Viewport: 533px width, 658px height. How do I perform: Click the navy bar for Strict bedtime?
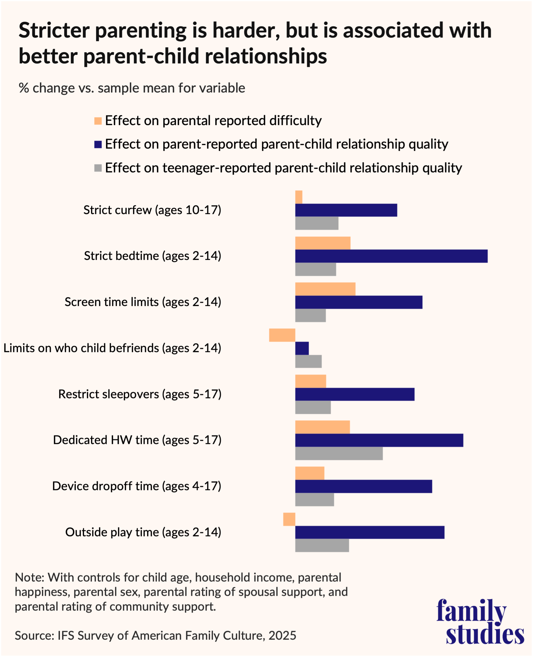391,256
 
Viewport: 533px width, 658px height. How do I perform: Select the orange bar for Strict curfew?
299,197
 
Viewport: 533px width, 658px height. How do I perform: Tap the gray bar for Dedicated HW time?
339,453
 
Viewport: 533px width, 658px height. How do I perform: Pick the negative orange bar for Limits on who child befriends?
282,335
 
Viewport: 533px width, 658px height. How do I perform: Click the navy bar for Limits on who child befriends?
302,348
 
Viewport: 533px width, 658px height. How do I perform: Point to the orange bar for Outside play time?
289,519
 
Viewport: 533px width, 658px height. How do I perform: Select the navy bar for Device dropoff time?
364,487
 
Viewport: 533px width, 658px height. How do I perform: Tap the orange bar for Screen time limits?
325,289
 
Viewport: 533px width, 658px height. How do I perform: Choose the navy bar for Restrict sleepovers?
355,394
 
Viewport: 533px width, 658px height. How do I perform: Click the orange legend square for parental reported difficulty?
98,121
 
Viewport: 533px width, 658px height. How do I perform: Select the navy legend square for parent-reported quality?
98,144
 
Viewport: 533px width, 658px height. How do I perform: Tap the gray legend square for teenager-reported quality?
98,168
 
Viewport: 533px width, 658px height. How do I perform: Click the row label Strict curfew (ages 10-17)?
152,210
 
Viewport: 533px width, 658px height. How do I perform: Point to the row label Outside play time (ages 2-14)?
143,532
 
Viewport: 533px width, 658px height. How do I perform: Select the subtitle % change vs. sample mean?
132,88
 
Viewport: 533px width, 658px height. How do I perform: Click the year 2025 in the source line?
282,635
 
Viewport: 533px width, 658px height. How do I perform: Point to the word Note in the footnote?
29,578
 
